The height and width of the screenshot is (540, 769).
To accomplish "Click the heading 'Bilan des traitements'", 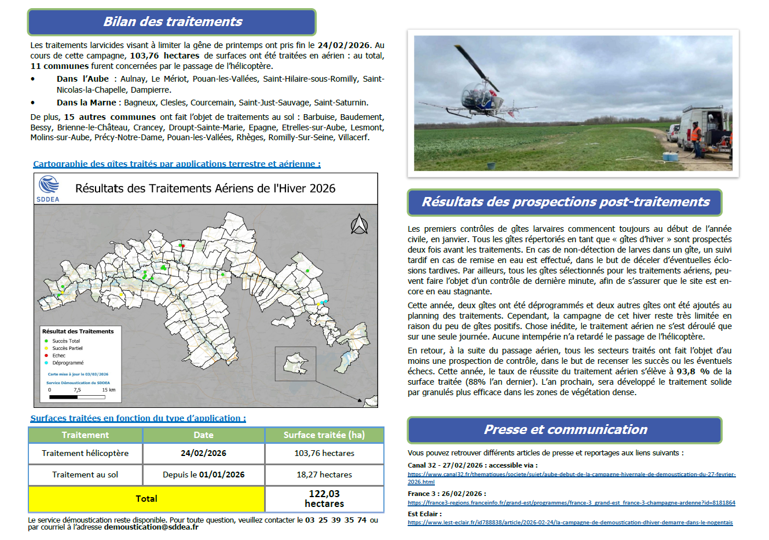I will (x=172, y=22).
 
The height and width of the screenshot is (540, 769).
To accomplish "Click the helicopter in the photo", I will (x=480, y=93).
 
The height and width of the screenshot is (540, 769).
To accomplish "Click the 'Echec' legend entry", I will (x=58, y=356).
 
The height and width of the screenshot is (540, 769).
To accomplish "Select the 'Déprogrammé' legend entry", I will (x=67, y=363).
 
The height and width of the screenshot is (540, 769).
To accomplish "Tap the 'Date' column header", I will (x=203, y=435).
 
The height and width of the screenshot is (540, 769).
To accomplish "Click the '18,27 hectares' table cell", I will (x=324, y=475).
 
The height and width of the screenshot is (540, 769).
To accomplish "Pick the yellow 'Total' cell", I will (x=146, y=499).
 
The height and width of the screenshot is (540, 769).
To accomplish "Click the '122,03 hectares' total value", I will (x=324, y=499).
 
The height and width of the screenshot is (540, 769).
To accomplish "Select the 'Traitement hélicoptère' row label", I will (x=85, y=453).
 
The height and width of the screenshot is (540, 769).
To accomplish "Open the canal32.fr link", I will (x=571, y=475).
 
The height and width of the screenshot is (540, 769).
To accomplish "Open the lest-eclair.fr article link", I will (x=570, y=523).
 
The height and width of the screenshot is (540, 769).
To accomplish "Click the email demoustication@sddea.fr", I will (x=151, y=527).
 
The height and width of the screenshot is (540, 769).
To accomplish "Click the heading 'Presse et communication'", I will (x=565, y=430).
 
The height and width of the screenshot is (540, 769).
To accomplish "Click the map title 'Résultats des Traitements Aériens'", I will (x=205, y=189).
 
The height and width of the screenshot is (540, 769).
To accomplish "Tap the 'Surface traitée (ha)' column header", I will (x=324, y=435).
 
